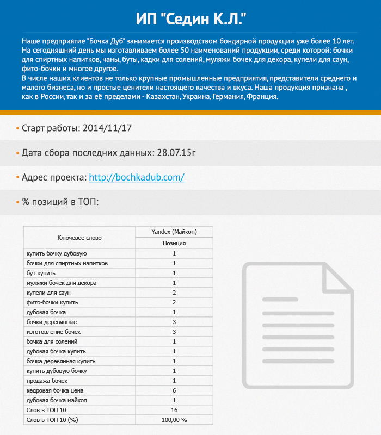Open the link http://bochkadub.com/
[x=136, y=178]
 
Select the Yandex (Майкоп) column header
[x=174, y=232]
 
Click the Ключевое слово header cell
[x=79, y=238]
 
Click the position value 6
[x=174, y=390]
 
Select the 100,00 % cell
[x=174, y=420]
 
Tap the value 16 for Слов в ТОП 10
[x=174, y=410]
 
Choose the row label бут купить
[x=41, y=273]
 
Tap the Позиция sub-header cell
[x=174, y=243]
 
